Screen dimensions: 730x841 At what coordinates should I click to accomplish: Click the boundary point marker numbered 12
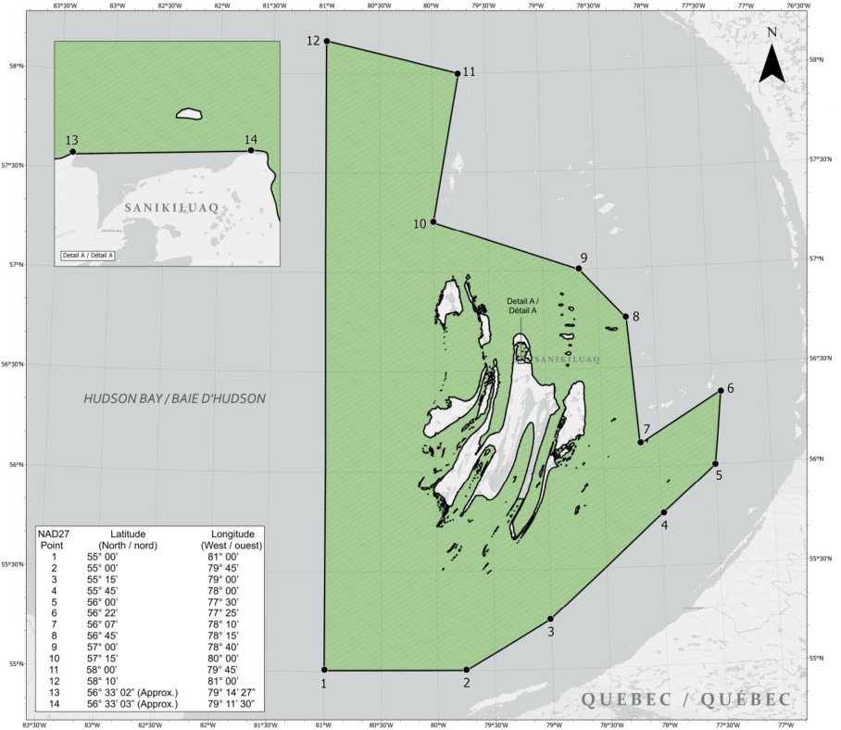pos(327,42)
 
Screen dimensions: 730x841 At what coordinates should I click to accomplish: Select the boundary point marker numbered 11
pos(458,73)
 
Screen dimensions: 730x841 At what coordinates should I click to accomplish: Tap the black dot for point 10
pos(433,222)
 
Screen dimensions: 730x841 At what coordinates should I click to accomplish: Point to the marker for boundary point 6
pos(721,391)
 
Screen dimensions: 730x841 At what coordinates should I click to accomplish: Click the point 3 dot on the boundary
pos(551,619)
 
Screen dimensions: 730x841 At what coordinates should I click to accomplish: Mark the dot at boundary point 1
pos(324,670)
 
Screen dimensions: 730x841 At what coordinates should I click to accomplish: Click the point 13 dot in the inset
pos(73,153)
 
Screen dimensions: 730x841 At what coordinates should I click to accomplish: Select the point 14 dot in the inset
pos(251,150)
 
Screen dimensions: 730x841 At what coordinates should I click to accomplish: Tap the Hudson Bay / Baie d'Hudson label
pos(174,399)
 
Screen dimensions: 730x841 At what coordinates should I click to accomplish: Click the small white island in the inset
pos(189,114)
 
